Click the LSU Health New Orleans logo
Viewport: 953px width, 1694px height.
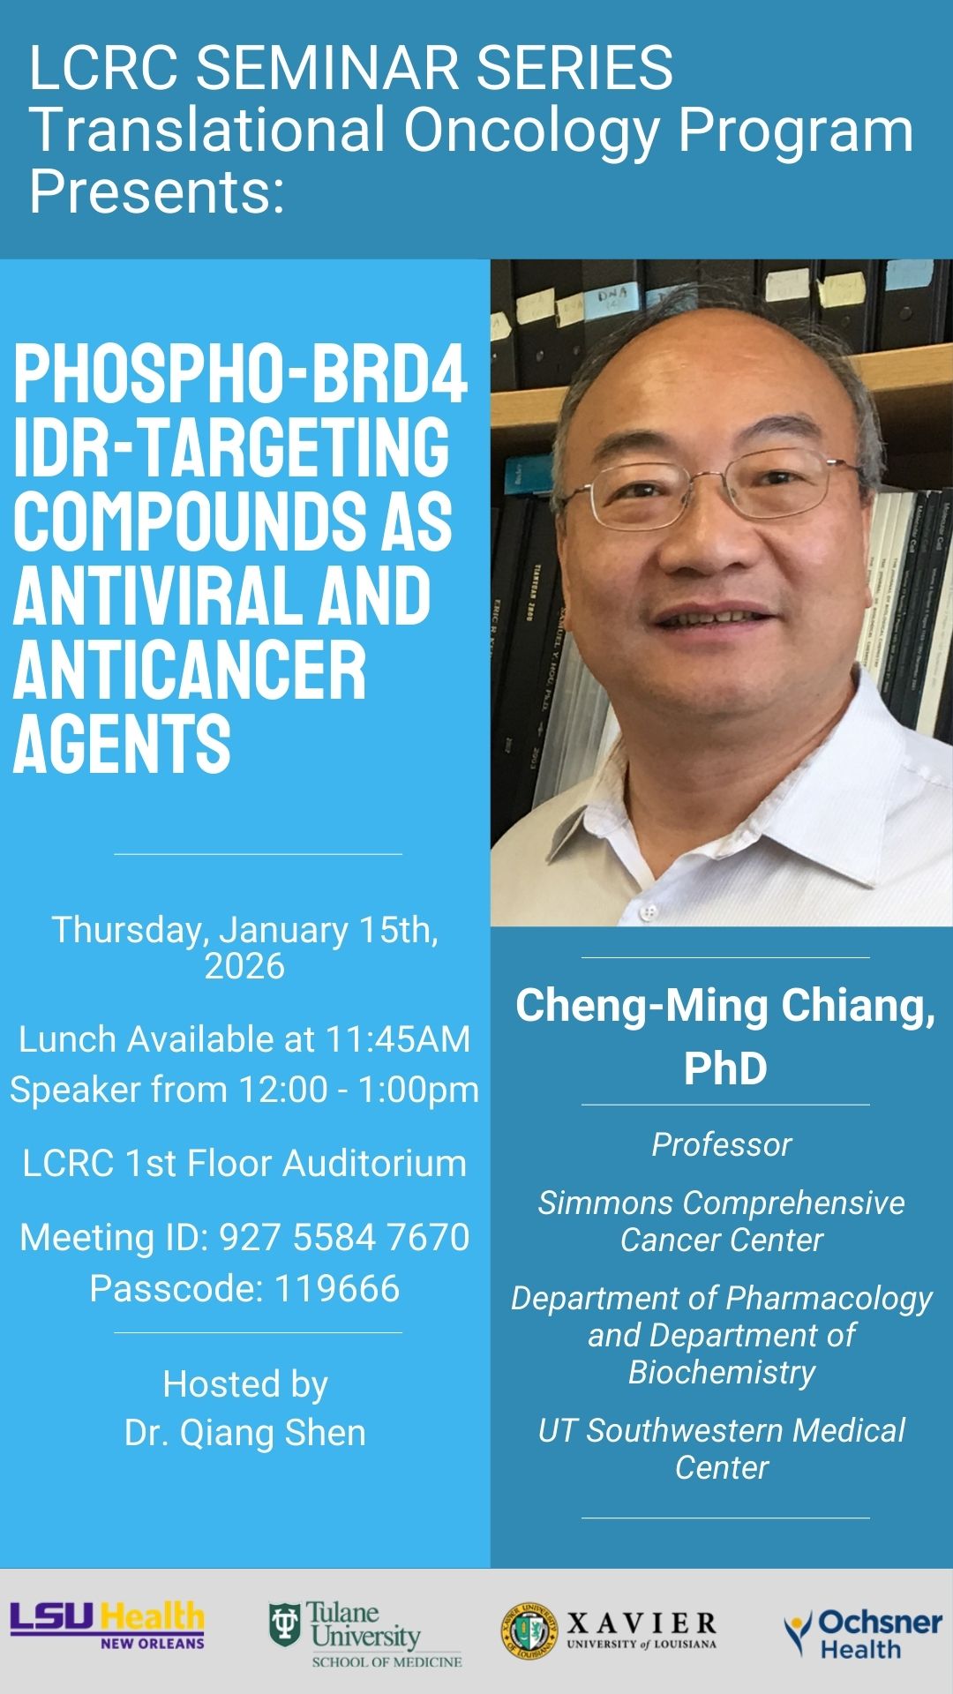coord(107,1626)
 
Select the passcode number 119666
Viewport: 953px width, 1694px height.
coord(337,1288)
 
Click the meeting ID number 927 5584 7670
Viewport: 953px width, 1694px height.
coord(344,1237)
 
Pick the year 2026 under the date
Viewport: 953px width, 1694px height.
coord(244,966)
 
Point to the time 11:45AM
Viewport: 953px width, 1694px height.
coord(398,1039)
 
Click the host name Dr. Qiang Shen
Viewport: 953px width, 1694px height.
coord(244,1433)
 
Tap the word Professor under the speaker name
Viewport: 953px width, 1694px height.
coord(722,1144)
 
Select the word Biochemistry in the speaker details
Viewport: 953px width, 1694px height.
coord(722,1372)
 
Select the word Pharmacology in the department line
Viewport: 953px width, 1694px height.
coord(829,1298)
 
